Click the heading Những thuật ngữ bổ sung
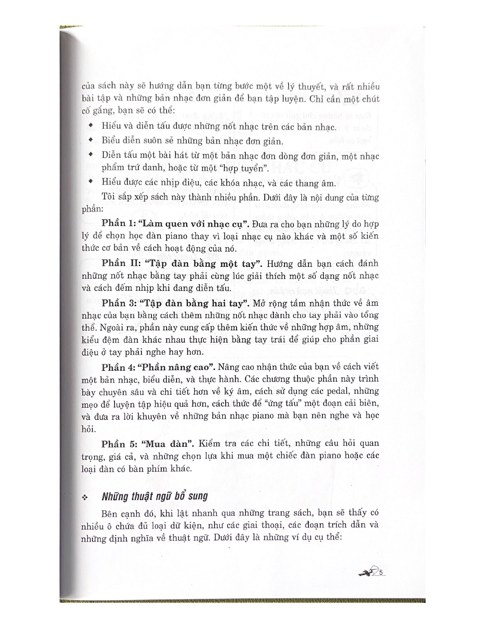point(155,496)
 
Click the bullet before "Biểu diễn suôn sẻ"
point(91,140)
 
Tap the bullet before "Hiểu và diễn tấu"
point(91,126)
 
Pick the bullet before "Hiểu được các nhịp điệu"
point(91,182)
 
